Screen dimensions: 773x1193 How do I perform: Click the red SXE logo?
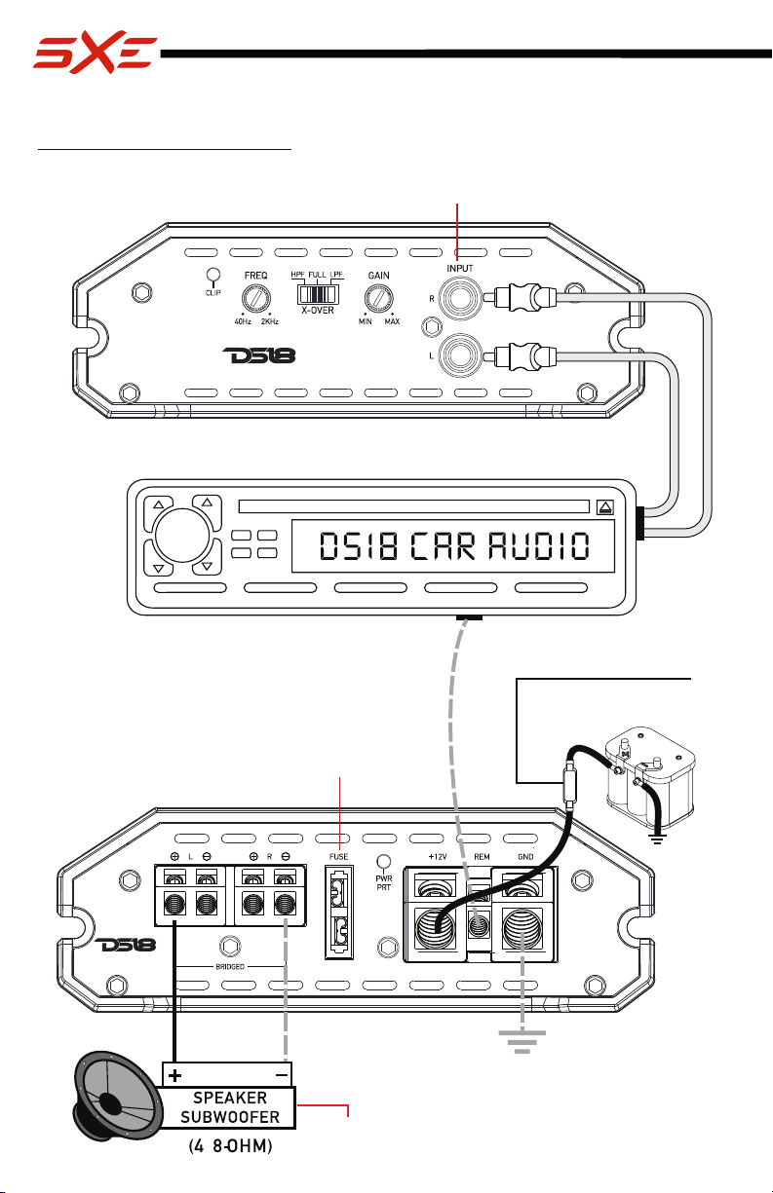(x=95, y=52)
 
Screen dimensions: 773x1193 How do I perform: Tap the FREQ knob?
(x=256, y=299)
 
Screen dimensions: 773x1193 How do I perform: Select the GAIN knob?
(x=378, y=299)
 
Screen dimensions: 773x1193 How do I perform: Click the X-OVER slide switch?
(x=318, y=294)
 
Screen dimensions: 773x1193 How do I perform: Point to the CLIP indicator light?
(x=213, y=275)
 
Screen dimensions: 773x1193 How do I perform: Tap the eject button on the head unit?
(x=604, y=506)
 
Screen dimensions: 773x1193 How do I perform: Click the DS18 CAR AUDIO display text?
(x=454, y=546)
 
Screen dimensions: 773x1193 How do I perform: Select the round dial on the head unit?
(x=181, y=536)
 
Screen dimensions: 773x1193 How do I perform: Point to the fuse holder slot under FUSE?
(x=339, y=912)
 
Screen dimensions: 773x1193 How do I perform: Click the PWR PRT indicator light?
(x=383, y=861)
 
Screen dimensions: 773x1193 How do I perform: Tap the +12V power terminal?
(x=435, y=929)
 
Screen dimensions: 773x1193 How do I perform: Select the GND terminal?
(x=522, y=929)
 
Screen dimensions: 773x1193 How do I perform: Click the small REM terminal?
(x=479, y=924)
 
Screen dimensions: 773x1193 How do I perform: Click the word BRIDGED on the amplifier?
(x=230, y=967)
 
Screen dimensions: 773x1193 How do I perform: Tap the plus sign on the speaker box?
(x=174, y=1076)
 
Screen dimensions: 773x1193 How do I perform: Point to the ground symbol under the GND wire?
(x=522, y=1042)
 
